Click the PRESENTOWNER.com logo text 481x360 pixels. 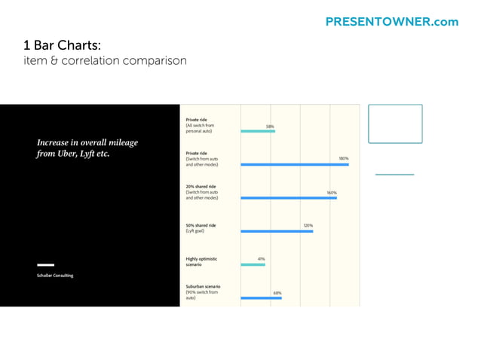point(391,22)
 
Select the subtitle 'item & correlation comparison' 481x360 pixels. point(105,60)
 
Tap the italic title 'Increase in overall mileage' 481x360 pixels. point(87,142)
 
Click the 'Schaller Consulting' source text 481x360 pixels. point(55,276)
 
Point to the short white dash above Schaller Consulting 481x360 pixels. point(46,265)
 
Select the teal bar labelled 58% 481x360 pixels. point(258,131)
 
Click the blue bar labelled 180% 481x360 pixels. point(295,164)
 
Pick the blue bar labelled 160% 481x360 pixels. point(289,198)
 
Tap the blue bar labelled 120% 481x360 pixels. point(277,231)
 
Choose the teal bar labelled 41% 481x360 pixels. point(253,264)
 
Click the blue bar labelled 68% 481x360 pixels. point(261,297)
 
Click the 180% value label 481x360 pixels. point(343,158)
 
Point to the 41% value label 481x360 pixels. point(261,258)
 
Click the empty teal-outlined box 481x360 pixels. point(395,124)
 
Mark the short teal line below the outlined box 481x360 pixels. point(394,175)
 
